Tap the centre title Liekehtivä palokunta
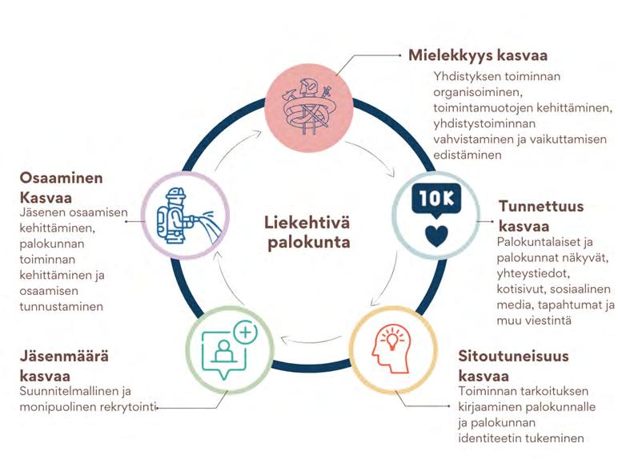click(307, 231)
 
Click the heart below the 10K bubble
click(435, 236)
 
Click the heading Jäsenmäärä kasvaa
click(65, 365)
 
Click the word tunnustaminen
click(64, 305)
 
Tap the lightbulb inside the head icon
click(393, 341)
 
